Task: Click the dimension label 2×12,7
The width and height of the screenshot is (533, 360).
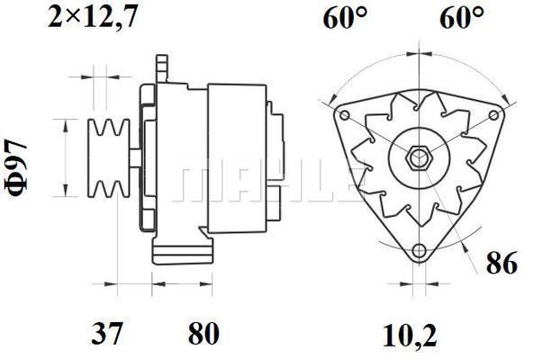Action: pos(93,16)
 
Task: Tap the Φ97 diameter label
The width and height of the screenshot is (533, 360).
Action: pos(16,168)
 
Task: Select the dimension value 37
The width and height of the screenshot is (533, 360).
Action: pos(106,334)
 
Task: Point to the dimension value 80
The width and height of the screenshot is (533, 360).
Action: pos(203,334)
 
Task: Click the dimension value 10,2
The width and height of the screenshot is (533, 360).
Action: pos(410,336)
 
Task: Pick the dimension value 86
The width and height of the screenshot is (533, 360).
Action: pos(502,263)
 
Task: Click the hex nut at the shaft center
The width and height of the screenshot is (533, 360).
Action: pos(420,158)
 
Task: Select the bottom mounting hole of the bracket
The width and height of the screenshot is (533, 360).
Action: pos(419,251)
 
